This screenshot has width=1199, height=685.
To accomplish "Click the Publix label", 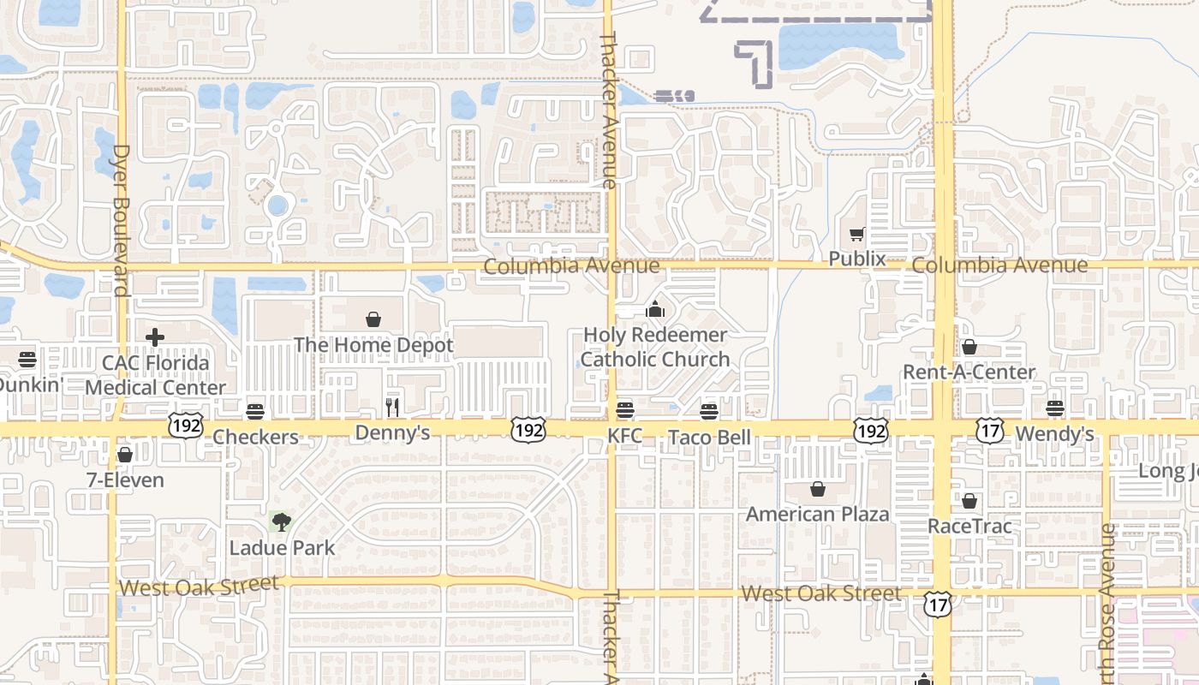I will point(856,259).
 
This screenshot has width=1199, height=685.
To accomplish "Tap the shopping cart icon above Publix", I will point(856,234).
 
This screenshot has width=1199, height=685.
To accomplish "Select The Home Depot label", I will point(373,345).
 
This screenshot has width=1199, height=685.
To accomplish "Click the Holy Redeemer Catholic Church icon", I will point(655,310).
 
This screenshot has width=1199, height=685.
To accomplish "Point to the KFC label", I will point(625,437).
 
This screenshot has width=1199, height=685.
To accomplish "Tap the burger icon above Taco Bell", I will point(708,412).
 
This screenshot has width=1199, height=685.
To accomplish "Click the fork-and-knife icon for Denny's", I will point(392,407).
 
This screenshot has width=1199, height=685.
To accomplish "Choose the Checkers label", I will point(255,437).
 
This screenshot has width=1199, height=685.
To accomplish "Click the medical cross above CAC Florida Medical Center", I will point(155,337).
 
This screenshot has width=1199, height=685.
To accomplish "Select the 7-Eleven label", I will point(125,479).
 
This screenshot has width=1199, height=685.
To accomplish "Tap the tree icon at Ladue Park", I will point(281,521).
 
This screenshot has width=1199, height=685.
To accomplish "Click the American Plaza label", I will point(818,514).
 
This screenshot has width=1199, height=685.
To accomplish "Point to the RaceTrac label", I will point(969,526).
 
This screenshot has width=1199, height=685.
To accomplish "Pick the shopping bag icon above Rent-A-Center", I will point(969,347).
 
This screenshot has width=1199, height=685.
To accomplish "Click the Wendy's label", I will point(1054,434).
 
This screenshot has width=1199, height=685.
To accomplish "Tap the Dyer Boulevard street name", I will point(120,220).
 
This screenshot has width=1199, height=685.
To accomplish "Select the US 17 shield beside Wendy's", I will point(989,431).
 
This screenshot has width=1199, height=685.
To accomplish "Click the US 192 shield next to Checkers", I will point(185,426).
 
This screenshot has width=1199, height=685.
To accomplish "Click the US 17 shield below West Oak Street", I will point(938,605).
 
